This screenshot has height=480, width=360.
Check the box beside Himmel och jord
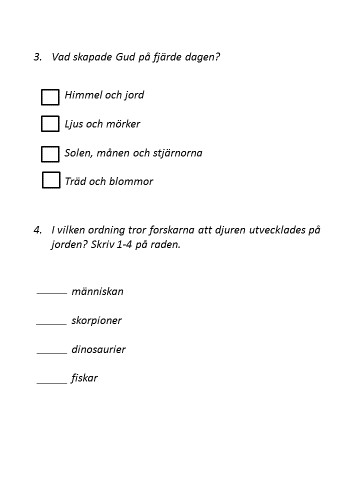coord(50,97)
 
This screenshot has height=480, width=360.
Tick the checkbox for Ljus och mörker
coord(50,124)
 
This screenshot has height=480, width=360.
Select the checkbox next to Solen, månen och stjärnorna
coord(50,153)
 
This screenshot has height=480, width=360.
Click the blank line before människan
coord(50,294)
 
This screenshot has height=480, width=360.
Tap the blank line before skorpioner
coord(50,323)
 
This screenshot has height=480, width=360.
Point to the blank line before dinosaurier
coord(50,352)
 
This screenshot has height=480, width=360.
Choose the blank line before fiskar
coord(50,381)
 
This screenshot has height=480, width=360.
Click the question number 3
coord(36,56)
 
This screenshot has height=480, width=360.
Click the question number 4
coord(36,229)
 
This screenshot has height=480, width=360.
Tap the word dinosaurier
coord(98,350)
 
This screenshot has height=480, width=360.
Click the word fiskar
coord(84,379)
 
